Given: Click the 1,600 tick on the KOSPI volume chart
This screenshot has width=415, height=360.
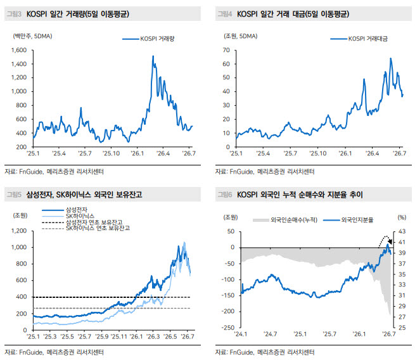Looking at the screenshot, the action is tap(19, 50).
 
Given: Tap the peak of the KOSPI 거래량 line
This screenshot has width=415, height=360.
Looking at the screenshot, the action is tap(153, 56).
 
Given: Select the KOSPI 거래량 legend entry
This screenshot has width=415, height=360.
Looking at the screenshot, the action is tap(148, 39).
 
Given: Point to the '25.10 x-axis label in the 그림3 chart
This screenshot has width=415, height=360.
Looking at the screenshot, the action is tap(111, 153).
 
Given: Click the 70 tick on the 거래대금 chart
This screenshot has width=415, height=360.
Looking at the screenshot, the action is tap(226, 50).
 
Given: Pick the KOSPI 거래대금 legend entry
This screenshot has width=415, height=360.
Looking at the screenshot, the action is tap(359, 39).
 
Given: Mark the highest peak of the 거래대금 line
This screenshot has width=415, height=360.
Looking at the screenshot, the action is tap(390, 58).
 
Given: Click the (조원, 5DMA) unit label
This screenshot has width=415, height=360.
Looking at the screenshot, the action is tap(241, 36).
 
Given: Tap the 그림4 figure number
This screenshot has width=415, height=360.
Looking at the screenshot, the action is tap(225, 14).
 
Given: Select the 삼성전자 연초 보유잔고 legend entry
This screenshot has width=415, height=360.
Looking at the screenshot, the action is tap(82, 222).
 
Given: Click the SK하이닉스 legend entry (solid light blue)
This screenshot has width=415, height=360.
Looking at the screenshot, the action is tap(68, 216).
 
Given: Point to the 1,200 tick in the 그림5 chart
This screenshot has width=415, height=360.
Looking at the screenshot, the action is tap(19, 231).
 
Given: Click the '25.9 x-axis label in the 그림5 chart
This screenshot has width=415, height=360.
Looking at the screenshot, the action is tap(102, 337).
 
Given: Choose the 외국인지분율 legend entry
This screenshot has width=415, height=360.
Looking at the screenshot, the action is tap(348, 220).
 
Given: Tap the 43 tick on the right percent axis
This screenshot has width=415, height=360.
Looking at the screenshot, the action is tap(402, 231).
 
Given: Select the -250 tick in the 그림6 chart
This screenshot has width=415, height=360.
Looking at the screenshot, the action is tap(228, 328).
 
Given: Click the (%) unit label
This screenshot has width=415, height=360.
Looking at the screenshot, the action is tap(402, 217).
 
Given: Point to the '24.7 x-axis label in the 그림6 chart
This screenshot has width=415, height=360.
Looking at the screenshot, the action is tap(271, 334).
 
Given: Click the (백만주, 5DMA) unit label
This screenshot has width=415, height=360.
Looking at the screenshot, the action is tap(32, 36).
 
